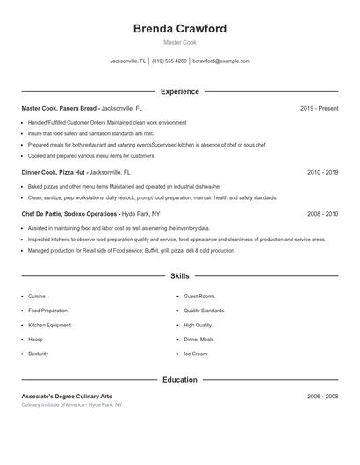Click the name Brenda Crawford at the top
[x=179, y=29]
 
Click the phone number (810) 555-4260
[x=169, y=61]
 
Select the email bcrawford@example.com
[x=221, y=61]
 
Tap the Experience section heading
[x=179, y=91]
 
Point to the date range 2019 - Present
[x=319, y=108]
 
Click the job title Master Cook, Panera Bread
[x=60, y=108]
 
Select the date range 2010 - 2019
[x=322, y=173]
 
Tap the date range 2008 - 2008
[x=322, y=214]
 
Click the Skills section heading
[x=179, y=275]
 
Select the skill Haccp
[x=35, y=339]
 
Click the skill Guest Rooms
[x=198, y=297]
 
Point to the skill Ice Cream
[x=195, y=354]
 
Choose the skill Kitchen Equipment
[x=49, y=325]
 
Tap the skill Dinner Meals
[x=198, y=339]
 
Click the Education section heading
[x=179, y=380]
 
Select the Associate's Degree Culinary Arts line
[x=67, y=397]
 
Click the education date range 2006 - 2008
[x=322, y=397]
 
